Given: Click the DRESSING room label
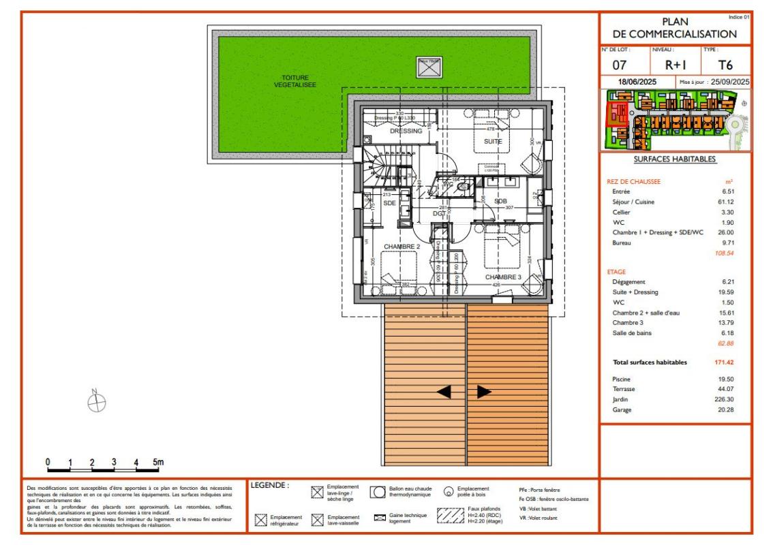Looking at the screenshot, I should (x=406, y=131).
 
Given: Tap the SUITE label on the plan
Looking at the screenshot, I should (x=493, y=142).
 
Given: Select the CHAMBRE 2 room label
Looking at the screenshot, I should (x=402, y=246).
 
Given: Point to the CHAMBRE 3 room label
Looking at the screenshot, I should (x=503, y=277).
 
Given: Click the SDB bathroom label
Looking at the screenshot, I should (x=500, y=202).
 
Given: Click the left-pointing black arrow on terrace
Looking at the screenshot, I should (x=443, y=392).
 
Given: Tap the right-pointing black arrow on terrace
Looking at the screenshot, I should (x=484, y=392).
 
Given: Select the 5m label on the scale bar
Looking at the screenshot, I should (x=158, y=462).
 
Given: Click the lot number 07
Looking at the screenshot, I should (x=619, y=65).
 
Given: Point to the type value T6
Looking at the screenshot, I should (x=726, y=65).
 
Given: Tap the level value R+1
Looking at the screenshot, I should (x=675, y=65).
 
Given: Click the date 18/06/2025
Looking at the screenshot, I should (x=638, y=82).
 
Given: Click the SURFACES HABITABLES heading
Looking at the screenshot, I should (x=674, y=159).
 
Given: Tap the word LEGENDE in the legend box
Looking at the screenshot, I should (x=270, y=486).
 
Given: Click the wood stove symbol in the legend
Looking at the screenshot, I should (x=449, y=492).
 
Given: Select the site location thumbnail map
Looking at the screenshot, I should (x=674, y=121).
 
